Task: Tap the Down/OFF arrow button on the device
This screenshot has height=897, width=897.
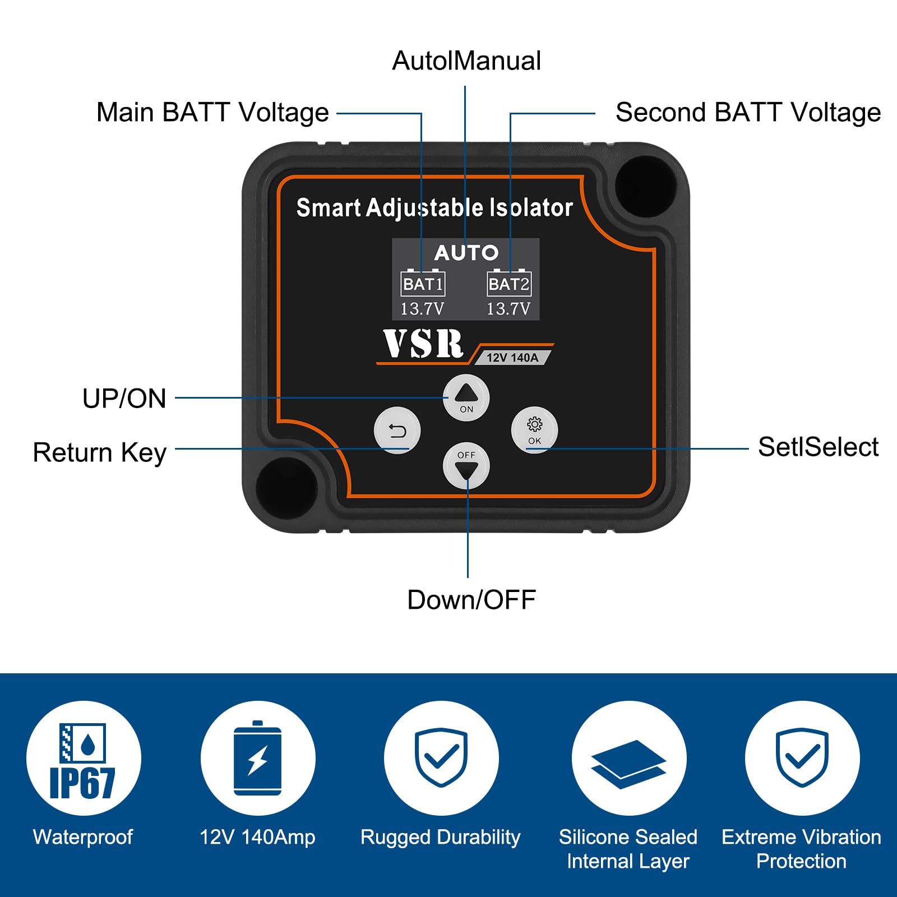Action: pyautogui.click(x=466, y=465)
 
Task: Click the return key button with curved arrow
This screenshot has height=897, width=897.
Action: pyautogui.click(x=397, y=431)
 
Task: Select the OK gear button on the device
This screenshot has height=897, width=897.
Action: pyautogui.click(x=534, y=430)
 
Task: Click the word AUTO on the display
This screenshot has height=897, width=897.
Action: pyautogui.click(x=466, y=253)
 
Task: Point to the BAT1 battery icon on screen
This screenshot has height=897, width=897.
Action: pyautogui.click(x=423, y=283)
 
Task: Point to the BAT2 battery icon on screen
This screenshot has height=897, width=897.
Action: pyautogui.click(x=508, y=283)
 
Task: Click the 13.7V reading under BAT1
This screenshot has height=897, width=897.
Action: pyautogui.click(x=422, y=309)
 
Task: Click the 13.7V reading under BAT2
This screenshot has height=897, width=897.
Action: pyautogui.click(x=508, y=309)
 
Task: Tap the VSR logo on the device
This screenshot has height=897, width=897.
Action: pyautogui.click(x=423, y=344)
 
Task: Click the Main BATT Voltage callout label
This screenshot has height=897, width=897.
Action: pyautogui.click(x=212, y=112)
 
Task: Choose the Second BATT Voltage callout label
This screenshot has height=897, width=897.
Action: pyautogui.click(x=748, y=112)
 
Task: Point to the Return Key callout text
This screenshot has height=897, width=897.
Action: pyautogui.click(x=100, y=452)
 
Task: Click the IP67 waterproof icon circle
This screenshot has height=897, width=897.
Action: pyautogui.click(x=84, y=759)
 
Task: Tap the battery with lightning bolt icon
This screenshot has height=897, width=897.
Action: pyautogui.click(x=258, y=758)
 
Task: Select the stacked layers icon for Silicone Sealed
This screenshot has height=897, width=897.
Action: pyautogui.click(x=628, y=764)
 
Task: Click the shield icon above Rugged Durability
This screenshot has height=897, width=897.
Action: pyautogui.click(x=441, y=757)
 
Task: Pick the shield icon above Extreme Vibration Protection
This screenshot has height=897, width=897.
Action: pyautogui.click(x=802, y=757)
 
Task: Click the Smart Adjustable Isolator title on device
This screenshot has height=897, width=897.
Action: pyautogui.click(x=434, y=208)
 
